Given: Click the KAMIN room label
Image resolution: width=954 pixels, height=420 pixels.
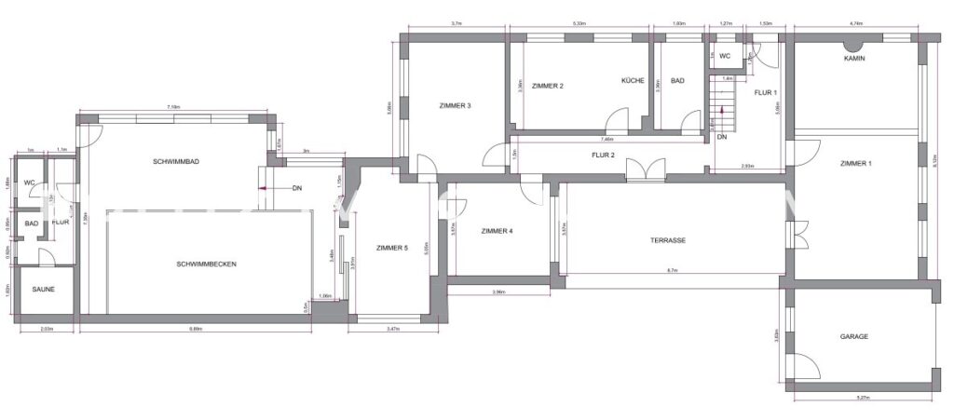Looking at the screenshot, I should tap(854, 58).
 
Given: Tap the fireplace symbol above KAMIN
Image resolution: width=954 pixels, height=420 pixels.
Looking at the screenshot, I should tap(852, 43).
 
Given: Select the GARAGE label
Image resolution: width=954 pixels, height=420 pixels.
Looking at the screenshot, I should tap(854, 336).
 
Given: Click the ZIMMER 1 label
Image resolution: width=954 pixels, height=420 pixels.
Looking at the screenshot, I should tap(856, 164).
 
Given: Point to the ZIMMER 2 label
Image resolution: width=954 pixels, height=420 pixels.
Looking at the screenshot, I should tap(548, 86).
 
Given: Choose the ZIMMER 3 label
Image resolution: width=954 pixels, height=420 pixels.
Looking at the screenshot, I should tap(455, 106).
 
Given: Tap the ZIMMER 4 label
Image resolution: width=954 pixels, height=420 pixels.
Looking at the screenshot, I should tap(497, 231).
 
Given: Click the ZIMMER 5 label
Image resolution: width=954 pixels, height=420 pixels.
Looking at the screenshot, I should tap(392, 248).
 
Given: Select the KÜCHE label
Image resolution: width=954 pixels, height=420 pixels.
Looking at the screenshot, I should tap(634, 81).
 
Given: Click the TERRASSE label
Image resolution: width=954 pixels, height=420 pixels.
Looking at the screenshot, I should tap(668, 240).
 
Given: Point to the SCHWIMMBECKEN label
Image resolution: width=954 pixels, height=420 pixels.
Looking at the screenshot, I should tap(206, 264).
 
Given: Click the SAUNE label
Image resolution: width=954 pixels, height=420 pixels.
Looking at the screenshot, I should tap(43, 290).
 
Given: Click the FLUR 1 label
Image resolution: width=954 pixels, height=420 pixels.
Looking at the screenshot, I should tap(765, 92).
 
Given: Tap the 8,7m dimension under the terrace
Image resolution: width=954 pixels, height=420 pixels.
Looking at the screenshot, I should tap(672, 271).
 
